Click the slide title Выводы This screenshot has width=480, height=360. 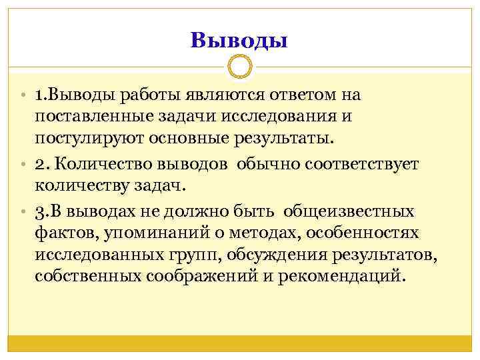pos(239,40)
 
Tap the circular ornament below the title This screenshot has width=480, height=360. pos(239,67)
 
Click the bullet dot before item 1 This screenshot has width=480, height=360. pos(24,95)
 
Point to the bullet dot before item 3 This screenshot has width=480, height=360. pos(24,212)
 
